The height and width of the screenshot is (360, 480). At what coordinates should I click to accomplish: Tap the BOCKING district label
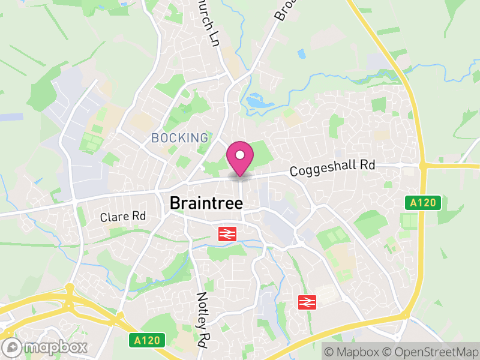(x=179, y=138)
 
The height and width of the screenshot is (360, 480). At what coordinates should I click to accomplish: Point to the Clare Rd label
(x=123, y=216)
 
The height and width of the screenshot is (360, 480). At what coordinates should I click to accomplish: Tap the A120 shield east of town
(x=422, y=203)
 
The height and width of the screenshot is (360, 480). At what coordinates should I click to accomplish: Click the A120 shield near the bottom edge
(x=146, y=340)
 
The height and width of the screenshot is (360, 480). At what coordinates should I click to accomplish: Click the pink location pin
(x=240, y=157)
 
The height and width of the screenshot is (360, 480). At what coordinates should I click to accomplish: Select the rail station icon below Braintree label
(x=226, y=234)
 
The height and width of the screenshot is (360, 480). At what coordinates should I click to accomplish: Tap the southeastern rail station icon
(x=307, y=302)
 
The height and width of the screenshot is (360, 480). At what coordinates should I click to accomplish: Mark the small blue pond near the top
(x=301, y=54)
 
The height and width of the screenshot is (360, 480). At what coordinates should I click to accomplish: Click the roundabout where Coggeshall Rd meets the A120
(x=422, y=165)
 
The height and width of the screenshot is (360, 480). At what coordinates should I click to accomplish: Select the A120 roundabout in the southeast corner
(x=407, y=314)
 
